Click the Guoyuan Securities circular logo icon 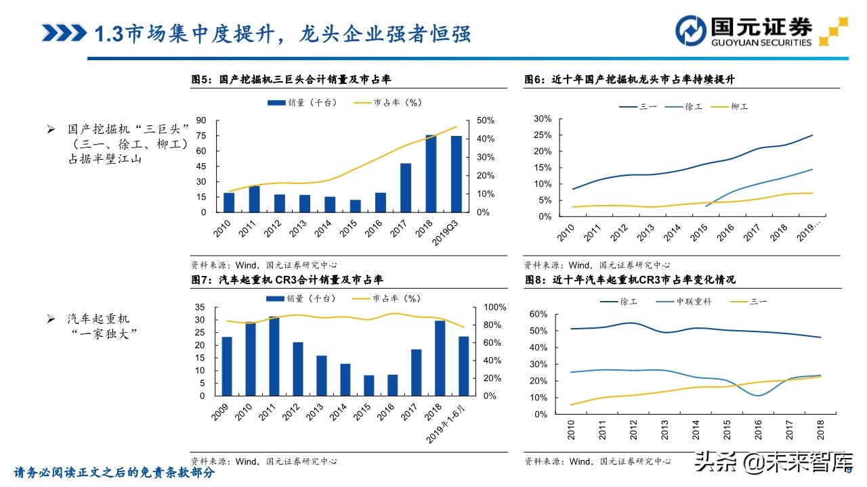coord(691,31)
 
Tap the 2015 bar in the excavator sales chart coord(356,206)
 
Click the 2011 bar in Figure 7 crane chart coord(274,356)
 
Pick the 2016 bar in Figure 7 coord(392,385)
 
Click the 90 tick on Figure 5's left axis coord(201,120)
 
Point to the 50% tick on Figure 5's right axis coord(486,120)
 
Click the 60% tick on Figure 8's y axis coord(538,315)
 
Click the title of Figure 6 coord(629,80)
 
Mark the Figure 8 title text coord(629,279)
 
